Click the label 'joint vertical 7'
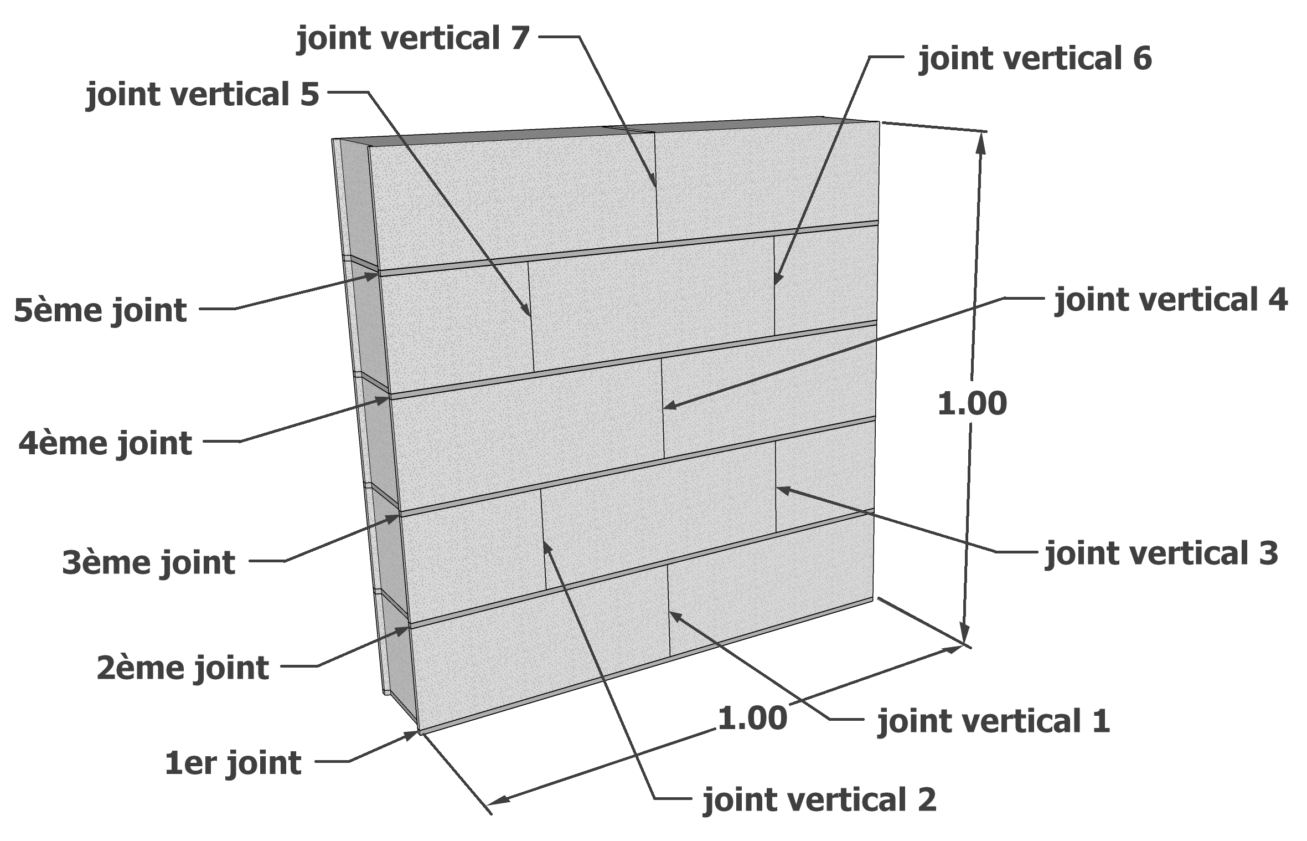coord(414,38)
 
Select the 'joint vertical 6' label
coord(1035,59)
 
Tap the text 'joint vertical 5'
coord(203,95)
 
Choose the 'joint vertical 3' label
coord(1161,553)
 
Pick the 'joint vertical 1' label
coord(994,721)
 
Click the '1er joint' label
coord(233,763)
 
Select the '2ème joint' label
coord(183,668)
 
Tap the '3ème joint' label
coord(148,563)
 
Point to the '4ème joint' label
coord(105,444)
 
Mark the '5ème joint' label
coord(100,310)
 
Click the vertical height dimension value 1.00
coord(972,404)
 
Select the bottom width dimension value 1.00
coord(752,719)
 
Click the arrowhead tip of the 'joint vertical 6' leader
coord(776,283)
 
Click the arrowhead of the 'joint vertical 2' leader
coord(545,542)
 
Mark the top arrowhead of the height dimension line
coord(982,136)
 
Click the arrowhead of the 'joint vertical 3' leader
coord(778,488)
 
